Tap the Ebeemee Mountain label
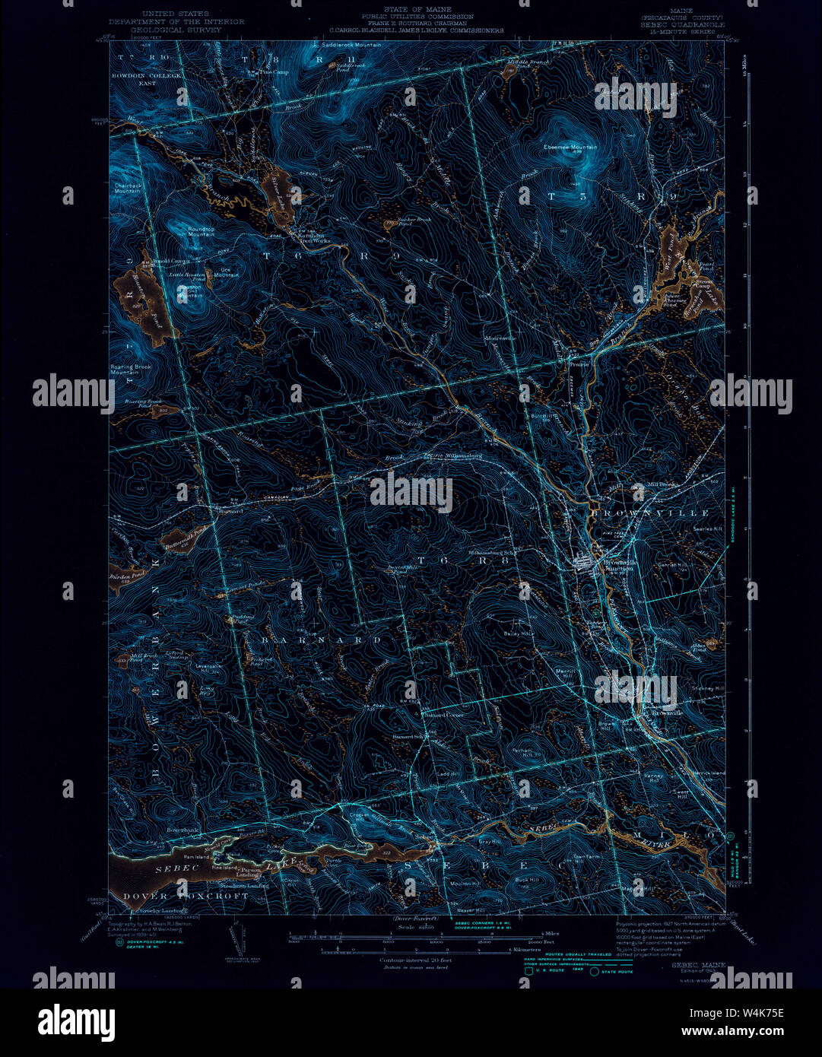pos(570,147)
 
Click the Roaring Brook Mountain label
pos(131,370)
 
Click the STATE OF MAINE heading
pos(416,9)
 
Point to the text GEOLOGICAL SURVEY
pos(176,30)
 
